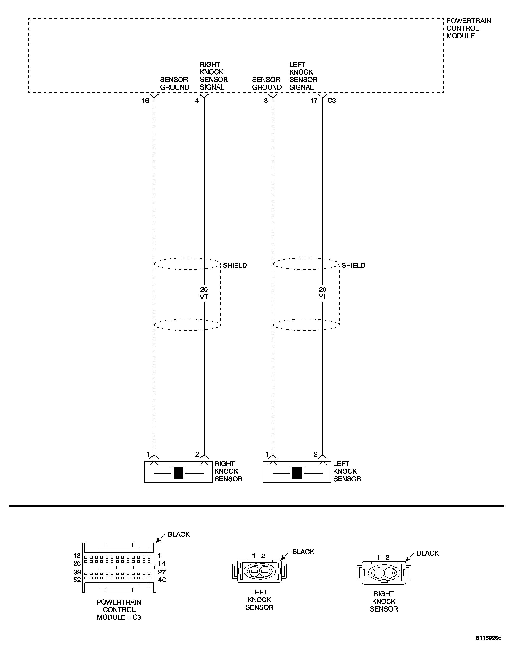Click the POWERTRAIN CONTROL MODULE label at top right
click(468, 28)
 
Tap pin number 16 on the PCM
click(145, 101)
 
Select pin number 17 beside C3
click(314, 101)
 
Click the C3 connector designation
click(331, 101)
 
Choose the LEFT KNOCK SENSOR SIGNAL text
click(303, 76)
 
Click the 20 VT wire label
click(204, 293)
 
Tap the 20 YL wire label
click(323, 293)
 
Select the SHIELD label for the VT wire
click(235, 265)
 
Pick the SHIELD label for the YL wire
click(353, 265)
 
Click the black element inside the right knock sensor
click(178, 473)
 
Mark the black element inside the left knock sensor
click(297, 473)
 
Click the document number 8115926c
click(488, 646)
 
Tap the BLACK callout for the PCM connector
click(179, 534)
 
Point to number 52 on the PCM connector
click(77, 580)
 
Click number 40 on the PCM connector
click(162, 580)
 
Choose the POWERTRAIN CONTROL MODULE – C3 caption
click(119, 609)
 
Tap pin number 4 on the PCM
click(197, 101)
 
